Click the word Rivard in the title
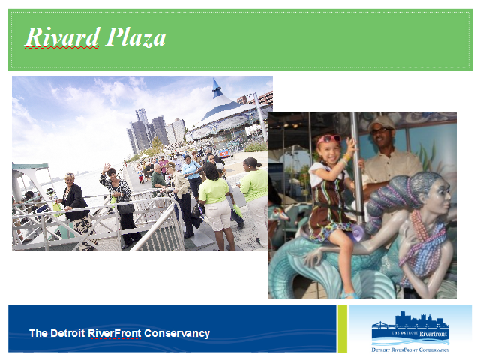click(x=62, y=37)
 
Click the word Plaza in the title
click(x=136, y=37)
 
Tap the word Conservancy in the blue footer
click(x=177, y=333)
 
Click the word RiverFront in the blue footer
click(x=115, y=333)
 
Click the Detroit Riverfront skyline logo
click(x=410, y=328)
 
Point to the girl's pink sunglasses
click(x=328, y=139)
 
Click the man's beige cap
click(x=381, y=122)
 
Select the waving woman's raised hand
click(x=106, y=168)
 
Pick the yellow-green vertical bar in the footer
click(x=342, y=328)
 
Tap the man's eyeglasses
click(x=380, y=130)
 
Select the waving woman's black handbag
click(x=126, y=208)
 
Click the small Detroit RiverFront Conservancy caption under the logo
click(x=410, y=349)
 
